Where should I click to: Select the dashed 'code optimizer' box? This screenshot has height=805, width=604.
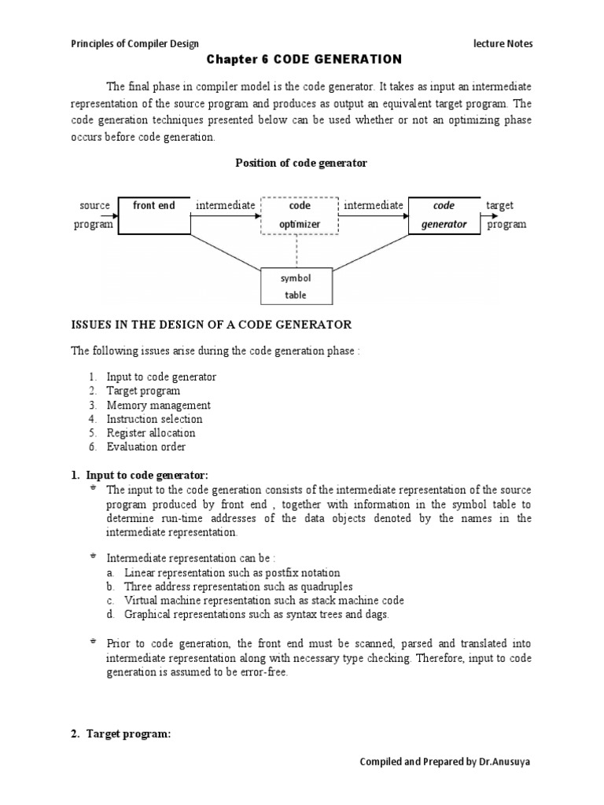pos(300,215)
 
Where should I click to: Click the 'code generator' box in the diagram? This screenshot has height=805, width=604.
pos(444,215)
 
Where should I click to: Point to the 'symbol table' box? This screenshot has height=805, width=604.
pos(296,287)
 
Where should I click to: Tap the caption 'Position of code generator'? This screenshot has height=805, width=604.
pos(301,163)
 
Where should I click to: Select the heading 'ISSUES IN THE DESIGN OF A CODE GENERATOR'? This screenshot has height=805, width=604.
pos(212,324)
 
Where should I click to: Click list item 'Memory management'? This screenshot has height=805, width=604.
pos(158,405)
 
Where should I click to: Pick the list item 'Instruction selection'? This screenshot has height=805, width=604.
pos(154,419)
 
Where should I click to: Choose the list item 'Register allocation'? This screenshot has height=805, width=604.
pos(151,433)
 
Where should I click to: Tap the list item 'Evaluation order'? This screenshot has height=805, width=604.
pos(146,447)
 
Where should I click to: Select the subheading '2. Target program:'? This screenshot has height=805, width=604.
pos(120,733)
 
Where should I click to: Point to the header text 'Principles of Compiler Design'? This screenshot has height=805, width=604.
pos(134,44)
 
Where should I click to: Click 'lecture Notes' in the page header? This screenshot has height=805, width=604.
pos(503,44)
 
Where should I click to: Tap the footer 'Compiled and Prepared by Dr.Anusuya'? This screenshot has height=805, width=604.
pos(446,762)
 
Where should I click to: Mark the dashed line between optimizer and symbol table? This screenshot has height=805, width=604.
pos(296,252)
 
